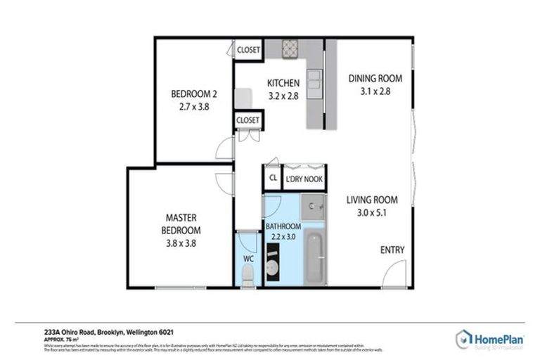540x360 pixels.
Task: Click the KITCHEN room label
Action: (283, 83)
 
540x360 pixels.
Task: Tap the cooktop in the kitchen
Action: (291, 49)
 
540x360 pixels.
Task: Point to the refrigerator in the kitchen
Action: (243, 97)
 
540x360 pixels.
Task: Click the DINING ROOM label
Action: (374, 78)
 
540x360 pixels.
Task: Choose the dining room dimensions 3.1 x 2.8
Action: (374, 91)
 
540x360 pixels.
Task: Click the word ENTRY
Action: (392, 250)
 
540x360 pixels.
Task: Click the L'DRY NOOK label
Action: (304, 179)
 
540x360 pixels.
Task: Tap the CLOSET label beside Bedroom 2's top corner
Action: (247, 50)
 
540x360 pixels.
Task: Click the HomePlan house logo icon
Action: (463, 337)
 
